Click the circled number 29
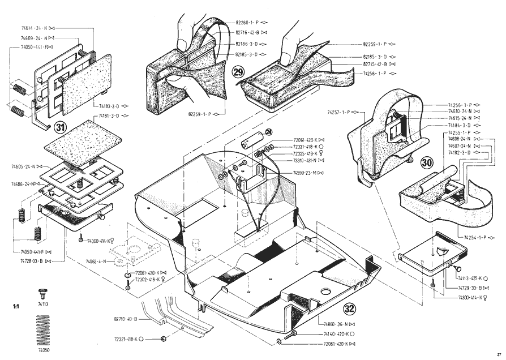tap(238, 71)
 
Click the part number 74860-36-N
tap(337, 324)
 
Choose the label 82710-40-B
tap(126, 319)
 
